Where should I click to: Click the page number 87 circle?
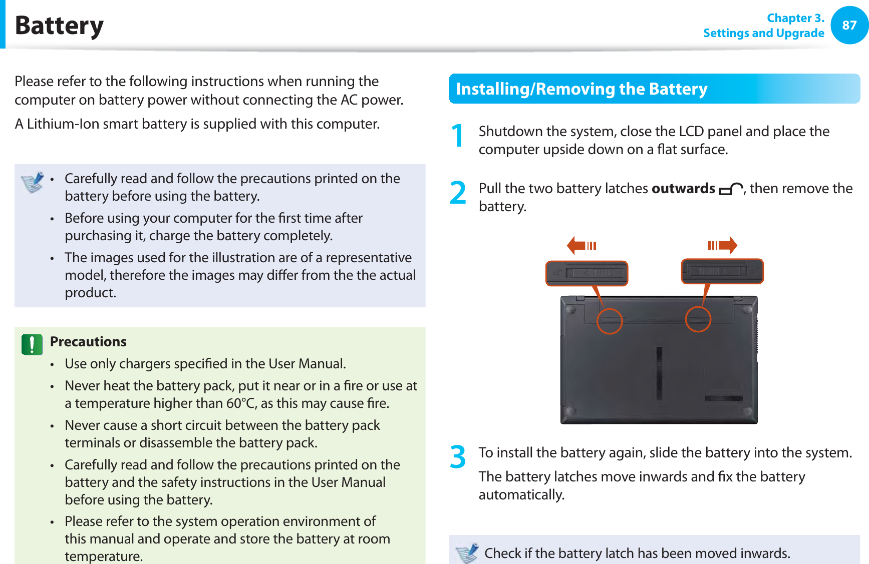point(849,25)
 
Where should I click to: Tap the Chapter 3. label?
point(795,18)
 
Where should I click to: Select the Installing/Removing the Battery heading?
point(581,89)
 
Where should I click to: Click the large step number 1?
point(457,136)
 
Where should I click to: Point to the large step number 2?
point(458,193)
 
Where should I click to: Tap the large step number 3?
point(458,457)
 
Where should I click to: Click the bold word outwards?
point(683,189)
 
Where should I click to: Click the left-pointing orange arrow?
point(581,245)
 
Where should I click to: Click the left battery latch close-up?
point(587,273)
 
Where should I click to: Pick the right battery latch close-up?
point(722,271)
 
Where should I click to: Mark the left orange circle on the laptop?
point(609,321)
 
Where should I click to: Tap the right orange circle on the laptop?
point(698,319)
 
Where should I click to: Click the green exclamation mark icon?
point(32,345)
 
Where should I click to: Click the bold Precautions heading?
point(88,342)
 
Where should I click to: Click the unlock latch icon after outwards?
point(730,189)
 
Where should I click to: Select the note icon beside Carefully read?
point(33,183)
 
